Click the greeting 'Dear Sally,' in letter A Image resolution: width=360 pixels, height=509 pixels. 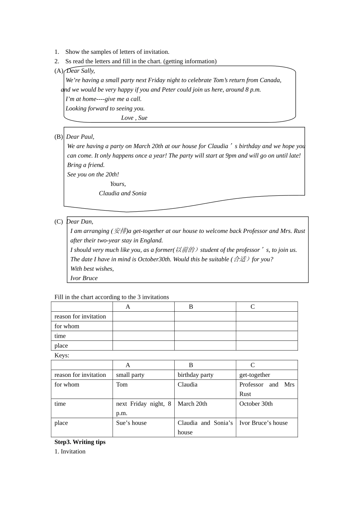(81, 71)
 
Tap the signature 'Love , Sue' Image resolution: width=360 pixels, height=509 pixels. (134, 118)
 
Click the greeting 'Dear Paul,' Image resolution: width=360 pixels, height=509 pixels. (80, 137)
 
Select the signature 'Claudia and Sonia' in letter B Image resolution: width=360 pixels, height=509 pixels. (122, 193)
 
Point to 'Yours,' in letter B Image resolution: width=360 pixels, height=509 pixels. (118, 184)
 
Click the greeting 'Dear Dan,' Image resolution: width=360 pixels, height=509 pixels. (80, 222)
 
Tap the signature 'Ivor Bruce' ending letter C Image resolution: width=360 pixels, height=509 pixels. (84, 278)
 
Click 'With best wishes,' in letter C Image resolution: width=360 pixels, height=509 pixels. (92, 269)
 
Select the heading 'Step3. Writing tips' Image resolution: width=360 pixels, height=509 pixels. (80, 442)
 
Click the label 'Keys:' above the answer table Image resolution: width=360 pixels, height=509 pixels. (62, 355)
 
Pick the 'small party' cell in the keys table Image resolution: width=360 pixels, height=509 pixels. (130, 375)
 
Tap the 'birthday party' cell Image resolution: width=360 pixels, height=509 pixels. (196, 375)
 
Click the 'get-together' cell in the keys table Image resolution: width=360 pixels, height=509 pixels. (255, 375)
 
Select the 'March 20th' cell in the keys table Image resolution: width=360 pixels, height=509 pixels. (193, 404)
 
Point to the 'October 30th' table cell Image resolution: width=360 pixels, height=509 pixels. (256, 404)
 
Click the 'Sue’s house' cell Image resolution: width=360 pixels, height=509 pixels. (131, 423)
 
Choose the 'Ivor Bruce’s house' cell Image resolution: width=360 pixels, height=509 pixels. (263, 423)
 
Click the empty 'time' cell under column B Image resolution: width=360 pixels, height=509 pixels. (205, 336)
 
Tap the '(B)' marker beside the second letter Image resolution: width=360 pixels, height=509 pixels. (59, 137)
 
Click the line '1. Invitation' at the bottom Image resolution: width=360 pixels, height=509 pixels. (70, 451)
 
